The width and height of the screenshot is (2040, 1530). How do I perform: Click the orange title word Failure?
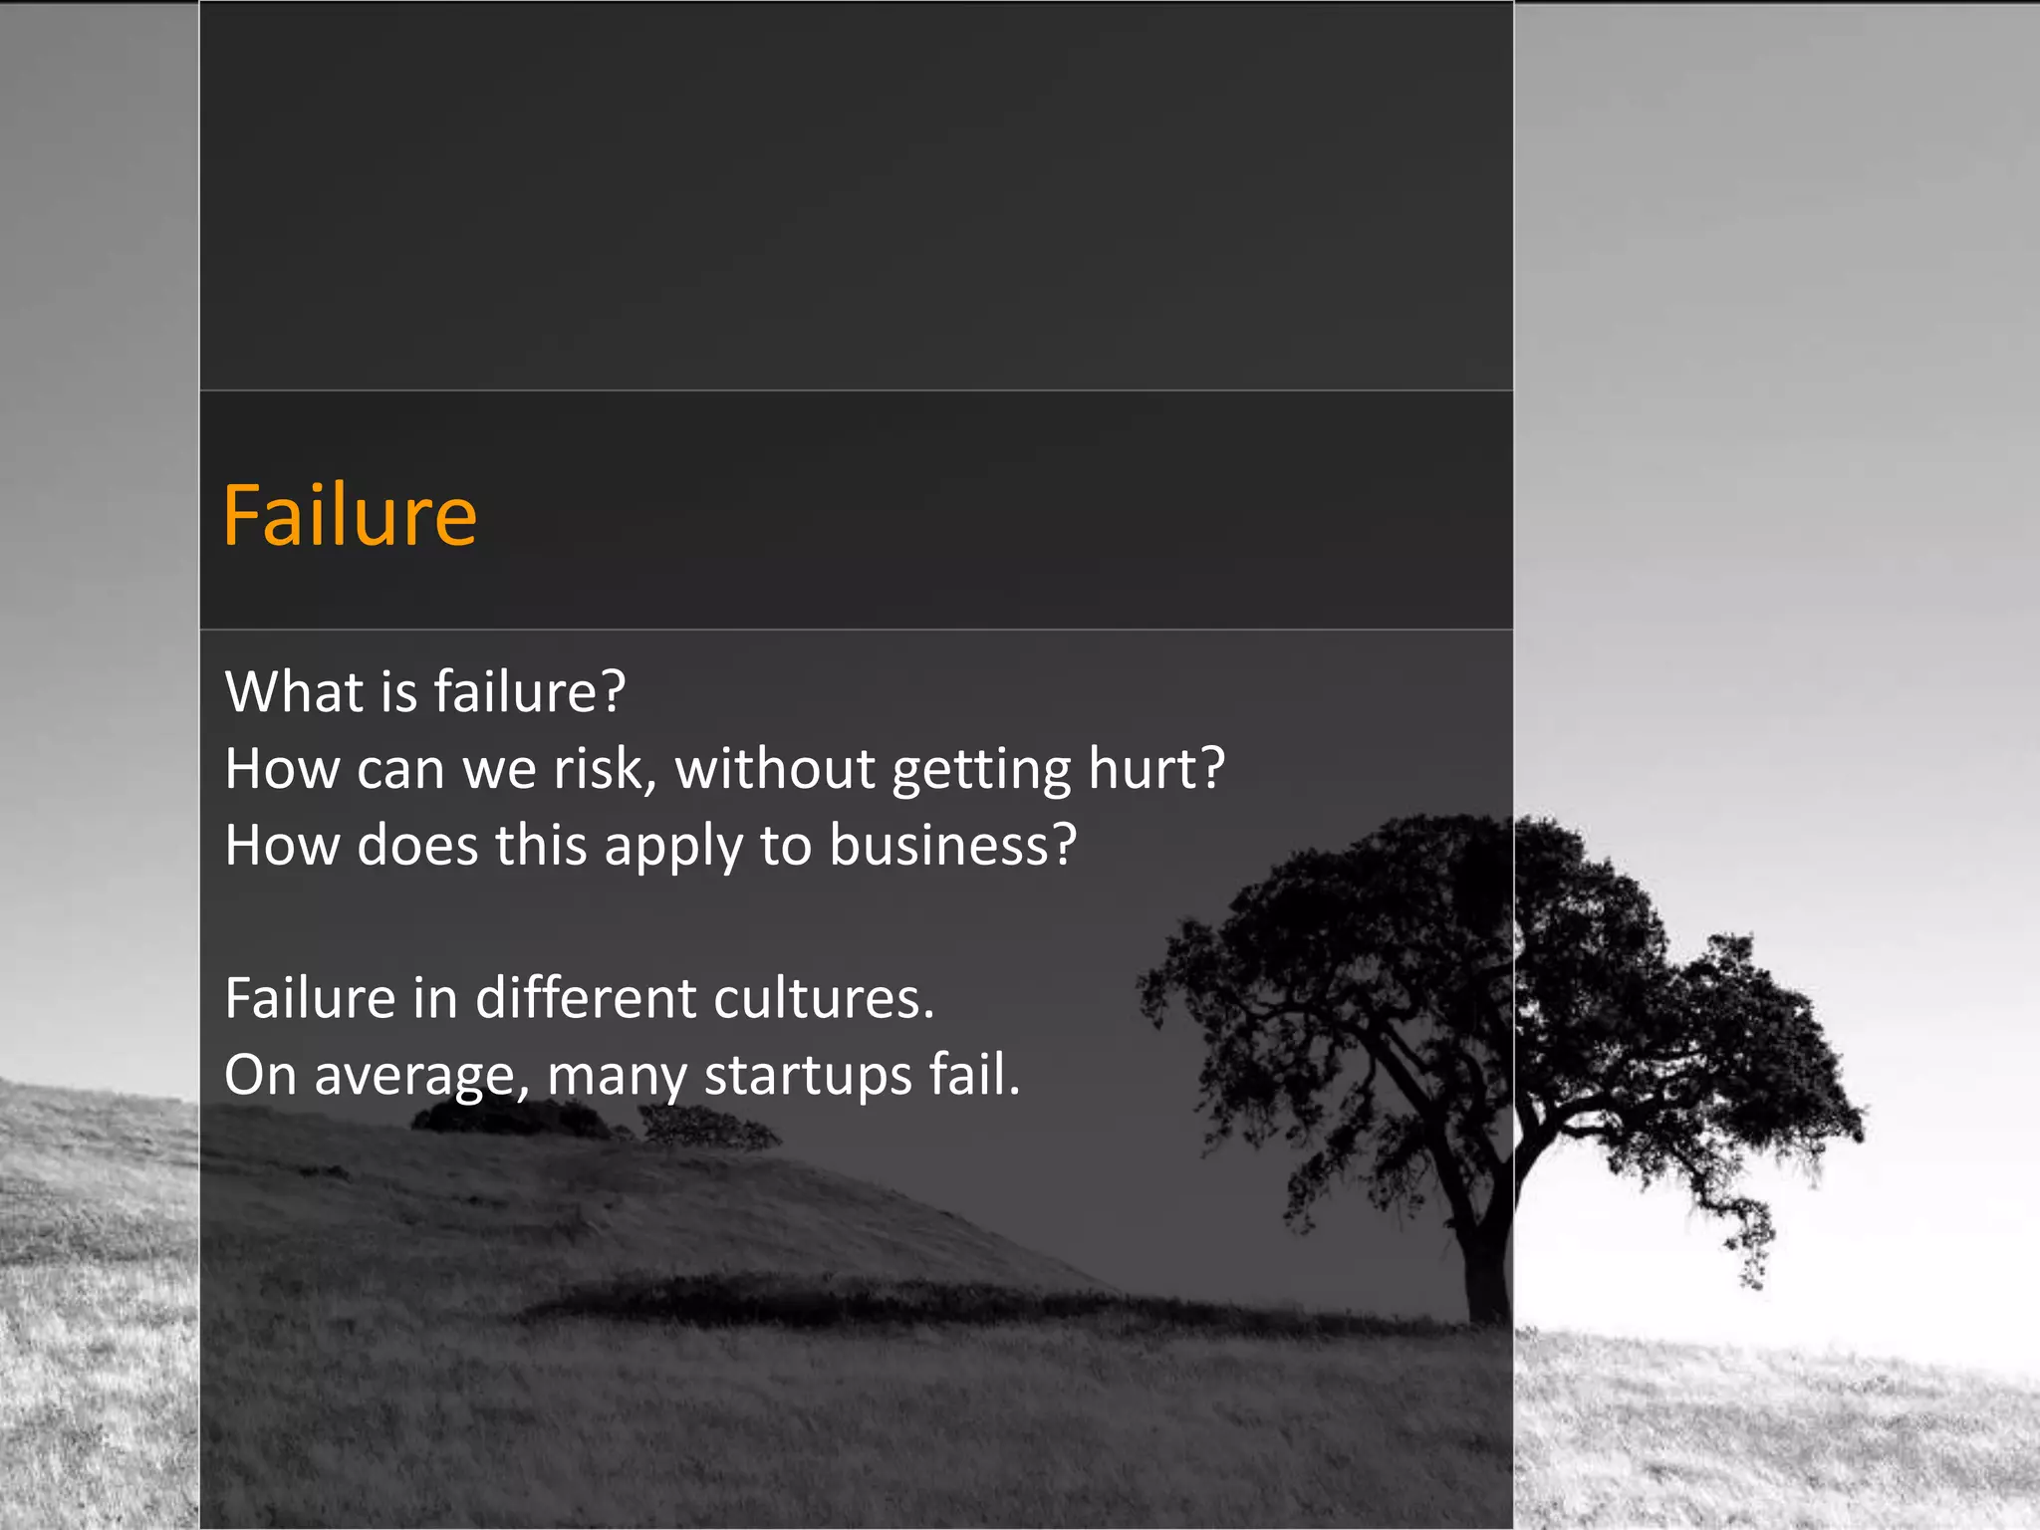[350, 516]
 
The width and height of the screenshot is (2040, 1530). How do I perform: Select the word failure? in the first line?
[530, 691]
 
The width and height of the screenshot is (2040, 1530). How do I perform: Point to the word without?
[775, 769]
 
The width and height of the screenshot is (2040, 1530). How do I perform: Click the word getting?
[981, 771]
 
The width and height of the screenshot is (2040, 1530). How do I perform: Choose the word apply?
[673, 847]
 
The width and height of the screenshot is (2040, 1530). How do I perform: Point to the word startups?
[808, 1076]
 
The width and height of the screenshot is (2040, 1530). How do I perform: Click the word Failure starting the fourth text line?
[310, 998]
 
